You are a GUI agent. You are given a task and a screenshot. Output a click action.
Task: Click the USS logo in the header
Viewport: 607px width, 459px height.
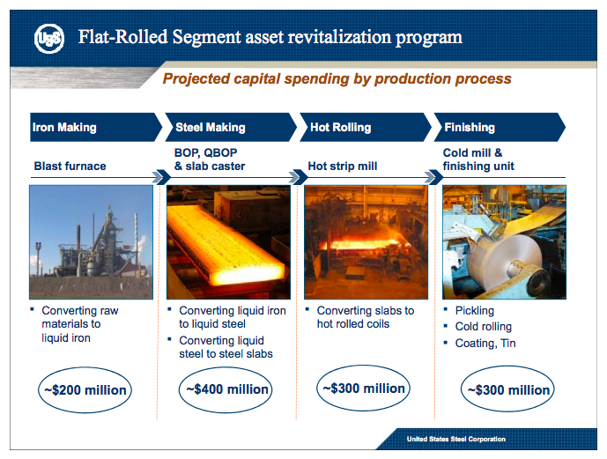tap(48, 38)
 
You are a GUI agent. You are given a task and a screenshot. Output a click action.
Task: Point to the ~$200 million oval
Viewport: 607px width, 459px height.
tap(85, 389)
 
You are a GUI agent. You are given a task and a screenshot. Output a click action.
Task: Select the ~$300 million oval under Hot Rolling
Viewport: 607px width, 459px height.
tap(363, 388)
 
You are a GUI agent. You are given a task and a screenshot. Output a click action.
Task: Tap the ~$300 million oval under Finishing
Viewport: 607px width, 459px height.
tap(507, 389)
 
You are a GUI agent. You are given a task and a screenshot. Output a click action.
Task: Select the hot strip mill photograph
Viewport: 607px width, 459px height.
tap(366, 241)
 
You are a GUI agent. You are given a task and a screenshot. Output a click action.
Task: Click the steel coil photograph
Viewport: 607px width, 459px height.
tap(503, 241)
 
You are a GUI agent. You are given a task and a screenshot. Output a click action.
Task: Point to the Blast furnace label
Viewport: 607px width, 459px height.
tap(70, 166)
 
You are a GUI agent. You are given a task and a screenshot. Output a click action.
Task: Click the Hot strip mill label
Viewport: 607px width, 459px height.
tap(343, 166)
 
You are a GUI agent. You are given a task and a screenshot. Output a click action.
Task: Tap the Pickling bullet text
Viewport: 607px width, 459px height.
tap(475, 311)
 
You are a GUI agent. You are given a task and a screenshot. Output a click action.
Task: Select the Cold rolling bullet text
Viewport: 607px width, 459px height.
tap(483, 327)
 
